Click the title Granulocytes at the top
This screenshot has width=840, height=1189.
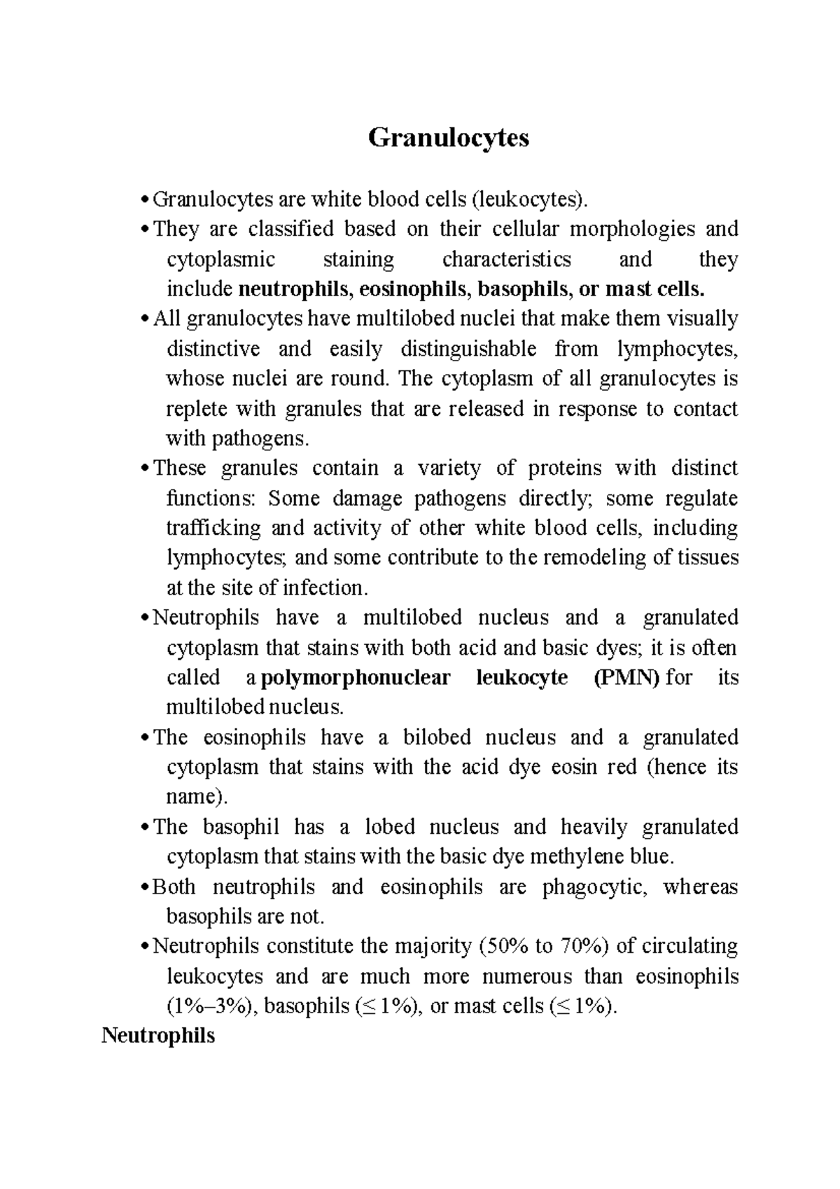(x=449, y=138)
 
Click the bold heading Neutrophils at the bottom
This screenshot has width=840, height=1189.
(x=158, y=1035)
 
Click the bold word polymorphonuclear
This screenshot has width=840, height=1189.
(x=355, y=678)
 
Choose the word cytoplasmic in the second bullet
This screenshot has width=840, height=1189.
(x=220, y=260)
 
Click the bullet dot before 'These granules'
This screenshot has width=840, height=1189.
(x=145, y=469)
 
